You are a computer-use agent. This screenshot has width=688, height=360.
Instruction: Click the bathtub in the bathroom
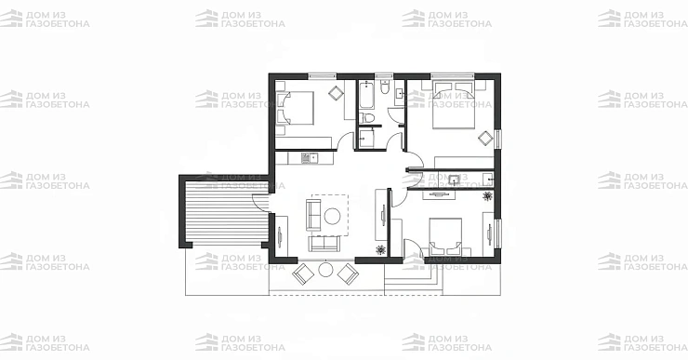pos(366,95)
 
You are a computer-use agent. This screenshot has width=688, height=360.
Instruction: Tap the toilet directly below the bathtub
pos(366,118)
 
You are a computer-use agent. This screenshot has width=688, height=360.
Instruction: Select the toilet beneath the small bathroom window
pos(384,87)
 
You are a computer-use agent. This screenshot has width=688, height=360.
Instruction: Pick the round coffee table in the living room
pos(332,216)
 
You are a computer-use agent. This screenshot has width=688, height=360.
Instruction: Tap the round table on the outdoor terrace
pos(325,269)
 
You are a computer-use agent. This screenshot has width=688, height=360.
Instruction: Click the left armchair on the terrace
pos(303,273)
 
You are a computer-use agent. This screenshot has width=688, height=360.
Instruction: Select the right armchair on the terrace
pos(349,273)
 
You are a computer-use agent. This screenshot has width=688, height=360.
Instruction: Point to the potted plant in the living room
pos(380,250)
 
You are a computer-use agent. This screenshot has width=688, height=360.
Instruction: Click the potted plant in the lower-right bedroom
pos(487,195)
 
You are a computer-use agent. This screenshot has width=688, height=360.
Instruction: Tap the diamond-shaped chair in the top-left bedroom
pos(337,93)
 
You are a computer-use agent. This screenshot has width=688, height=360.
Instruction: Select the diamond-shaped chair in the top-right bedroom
pos(485,139)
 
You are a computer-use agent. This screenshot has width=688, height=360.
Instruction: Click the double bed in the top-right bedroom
pos(454,104)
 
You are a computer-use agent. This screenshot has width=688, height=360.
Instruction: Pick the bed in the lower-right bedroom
pos(445,236)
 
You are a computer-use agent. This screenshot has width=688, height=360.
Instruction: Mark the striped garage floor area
pos(227,211)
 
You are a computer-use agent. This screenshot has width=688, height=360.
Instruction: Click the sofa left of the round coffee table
pos(313,215)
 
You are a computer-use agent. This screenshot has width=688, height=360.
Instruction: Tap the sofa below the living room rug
pos(324,244)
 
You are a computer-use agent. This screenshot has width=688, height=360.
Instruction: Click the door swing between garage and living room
pos(260,203)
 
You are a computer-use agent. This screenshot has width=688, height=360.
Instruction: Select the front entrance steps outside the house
pos(414,280)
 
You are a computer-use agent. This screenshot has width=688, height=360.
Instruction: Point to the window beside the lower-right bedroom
pos(498,233)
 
